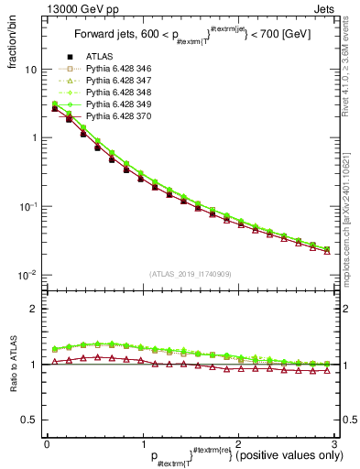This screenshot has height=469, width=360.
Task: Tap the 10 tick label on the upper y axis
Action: pyautogui.click(x=30, y=70)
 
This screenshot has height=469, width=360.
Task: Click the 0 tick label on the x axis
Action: pyautogui.click(x=47, y=443)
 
